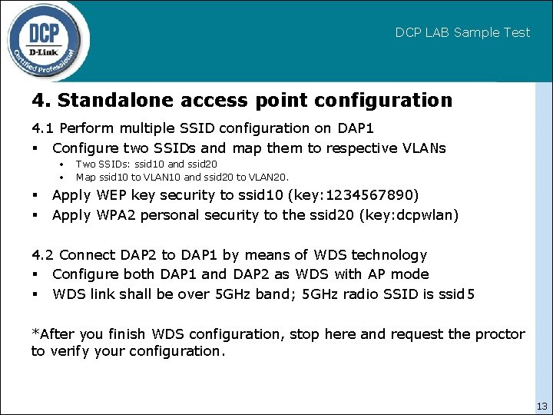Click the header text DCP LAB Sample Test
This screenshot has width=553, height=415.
pyautogui.click(x=462, y=32)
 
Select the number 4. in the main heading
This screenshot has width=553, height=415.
pyautogui.click(x=41, y=101)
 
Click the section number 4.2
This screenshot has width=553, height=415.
pyautogui.click(x=43, y=254)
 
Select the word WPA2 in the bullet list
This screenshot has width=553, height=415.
pyautogui.click(x=116, y=215)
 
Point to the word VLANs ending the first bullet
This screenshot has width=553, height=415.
pyautogui.click(x=423, y=148)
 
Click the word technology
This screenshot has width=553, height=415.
pyautogui.click(x=388, y=254)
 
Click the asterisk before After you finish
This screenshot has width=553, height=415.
pyautogui.click(x=34, y=333)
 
